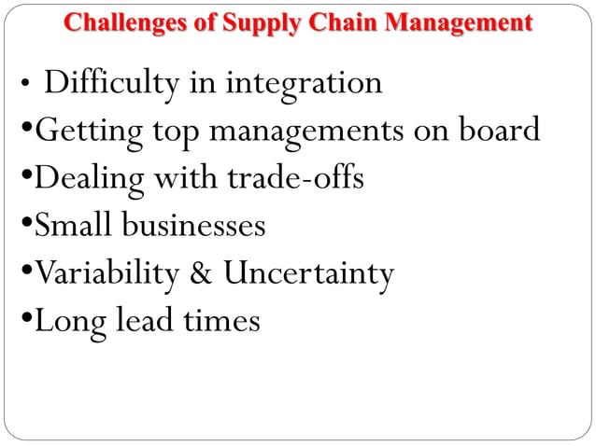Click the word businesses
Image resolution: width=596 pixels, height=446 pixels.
(x=194, y=226)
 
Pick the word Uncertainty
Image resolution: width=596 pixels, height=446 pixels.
(x=307, y=274)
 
